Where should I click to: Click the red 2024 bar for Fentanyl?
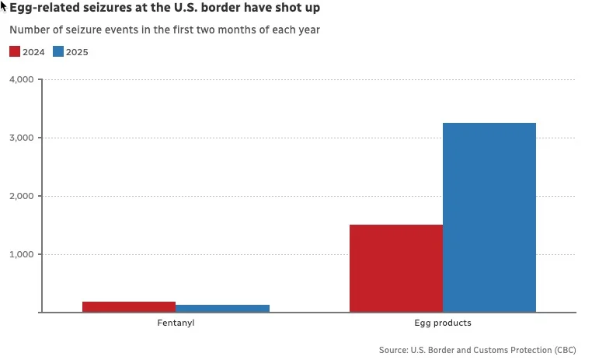coord(129,307)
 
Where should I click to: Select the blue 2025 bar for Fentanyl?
coord(222,309)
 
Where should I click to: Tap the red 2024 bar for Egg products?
coord(396,268)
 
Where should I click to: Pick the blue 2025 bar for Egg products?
coord(489,218)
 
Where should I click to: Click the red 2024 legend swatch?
coord(15,52)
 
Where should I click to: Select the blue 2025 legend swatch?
coord(58,52)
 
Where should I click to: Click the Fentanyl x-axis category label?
coord(176,323)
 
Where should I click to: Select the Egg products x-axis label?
coord(443,323)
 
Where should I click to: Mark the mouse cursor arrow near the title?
coord(4,6)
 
